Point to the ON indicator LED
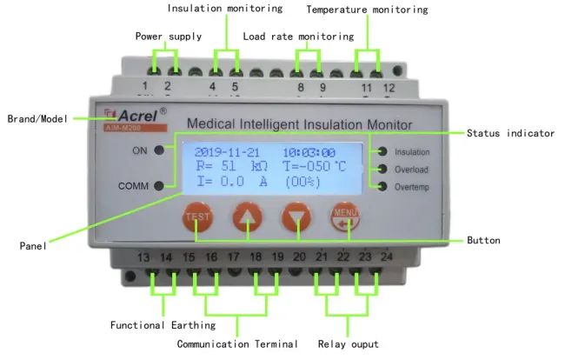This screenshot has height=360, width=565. tap(160, 149)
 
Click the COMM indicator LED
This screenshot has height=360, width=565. tap(160, 185)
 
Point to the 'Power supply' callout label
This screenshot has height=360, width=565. tap(169, 37)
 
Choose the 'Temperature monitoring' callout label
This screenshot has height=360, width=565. tap(367, 10)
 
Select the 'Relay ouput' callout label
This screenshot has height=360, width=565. tap(348, 344)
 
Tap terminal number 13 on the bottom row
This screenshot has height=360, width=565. tap(144, 257)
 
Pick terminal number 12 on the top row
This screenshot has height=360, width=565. tap(389, 88)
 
